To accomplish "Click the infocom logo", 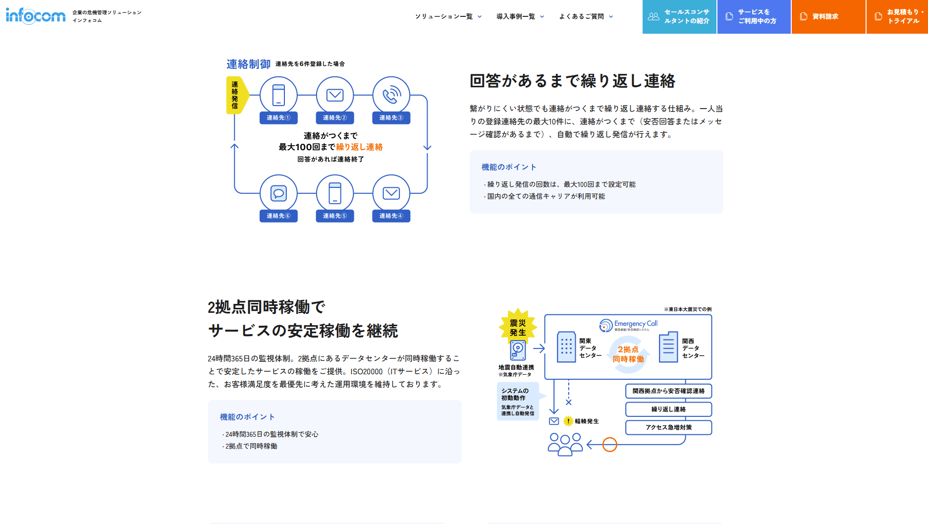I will point(36,16).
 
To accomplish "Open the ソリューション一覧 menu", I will point(448,16).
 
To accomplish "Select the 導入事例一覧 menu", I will point(520,16).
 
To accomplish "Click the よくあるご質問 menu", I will point(586,16).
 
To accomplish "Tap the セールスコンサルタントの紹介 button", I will point(679,16).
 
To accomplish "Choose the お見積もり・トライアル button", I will point(897,16).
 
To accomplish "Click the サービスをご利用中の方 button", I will point(754,16).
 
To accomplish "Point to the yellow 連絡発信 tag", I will point(235,95).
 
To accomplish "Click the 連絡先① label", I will point(278,118).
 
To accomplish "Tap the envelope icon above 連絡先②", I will point(335,95).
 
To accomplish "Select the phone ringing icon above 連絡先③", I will point(391,95).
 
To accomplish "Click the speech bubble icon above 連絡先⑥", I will point(278,193).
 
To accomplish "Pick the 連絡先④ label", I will point(391,216).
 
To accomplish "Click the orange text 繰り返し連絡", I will point(359,147).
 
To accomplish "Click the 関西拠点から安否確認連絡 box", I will point(668,391).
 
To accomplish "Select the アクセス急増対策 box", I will point(668,427).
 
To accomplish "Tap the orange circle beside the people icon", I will point(609,445).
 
